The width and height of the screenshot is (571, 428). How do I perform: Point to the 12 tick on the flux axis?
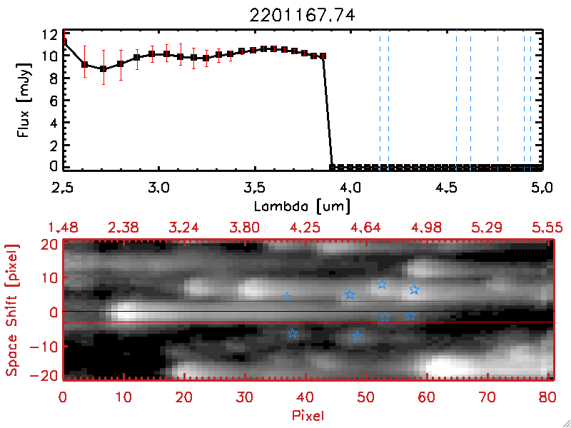click(49, 34)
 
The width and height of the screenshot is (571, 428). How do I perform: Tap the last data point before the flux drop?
click(323, 56)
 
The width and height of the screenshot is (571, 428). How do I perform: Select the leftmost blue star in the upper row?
click(287, 297)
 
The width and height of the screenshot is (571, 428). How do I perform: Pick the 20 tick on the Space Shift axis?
click(49, 244)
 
